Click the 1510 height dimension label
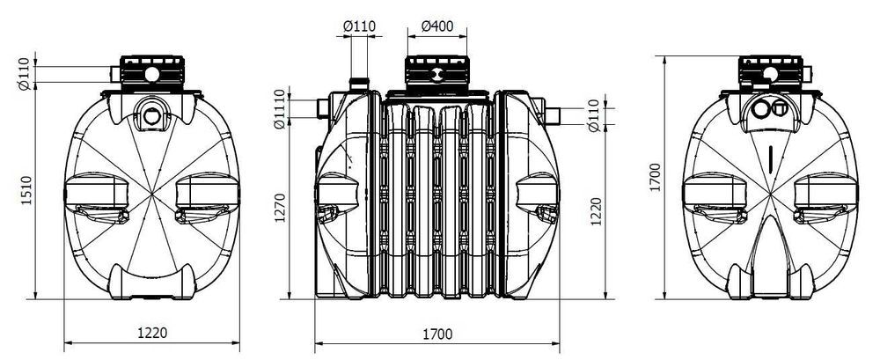point(26,190)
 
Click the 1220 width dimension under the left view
point(152,333)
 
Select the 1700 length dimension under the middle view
point(437,334)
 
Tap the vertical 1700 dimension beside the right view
point(656,177)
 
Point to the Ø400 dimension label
point(436,26)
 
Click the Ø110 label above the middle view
point(359,26)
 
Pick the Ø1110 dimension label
point(280,109)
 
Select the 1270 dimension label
point(280,208)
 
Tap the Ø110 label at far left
point(24,74)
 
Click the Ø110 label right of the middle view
point(596,115)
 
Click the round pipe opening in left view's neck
point(151,115)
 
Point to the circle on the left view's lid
point(152,74)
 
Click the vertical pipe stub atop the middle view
point(359,84)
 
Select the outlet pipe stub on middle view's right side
point(552,116)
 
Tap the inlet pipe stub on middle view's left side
point(323,108)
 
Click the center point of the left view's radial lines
point(152,195)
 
